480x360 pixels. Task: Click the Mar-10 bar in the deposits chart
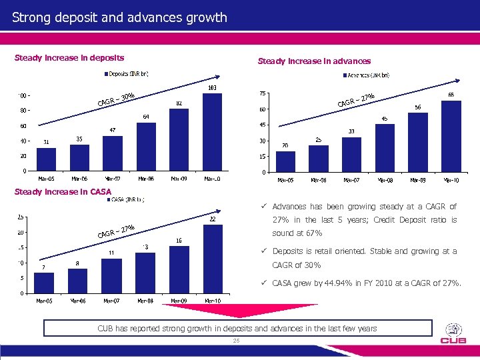tap(212, 132)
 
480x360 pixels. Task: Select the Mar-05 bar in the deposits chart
tap(46, 159)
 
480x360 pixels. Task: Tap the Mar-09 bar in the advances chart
tap(418, 143)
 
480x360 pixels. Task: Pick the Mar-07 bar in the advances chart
tap(351, 155)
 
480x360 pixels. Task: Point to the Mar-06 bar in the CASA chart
tap(79, 281)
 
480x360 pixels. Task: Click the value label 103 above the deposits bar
tap(212, 88)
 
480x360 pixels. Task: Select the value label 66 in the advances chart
tap(451, 95)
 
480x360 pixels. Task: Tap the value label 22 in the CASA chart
tap(212, 219)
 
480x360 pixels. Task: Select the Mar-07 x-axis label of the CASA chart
tap(112, 301)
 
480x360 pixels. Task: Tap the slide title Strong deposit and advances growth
tap(120, 17)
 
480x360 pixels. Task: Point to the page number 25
tap(236, 341)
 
